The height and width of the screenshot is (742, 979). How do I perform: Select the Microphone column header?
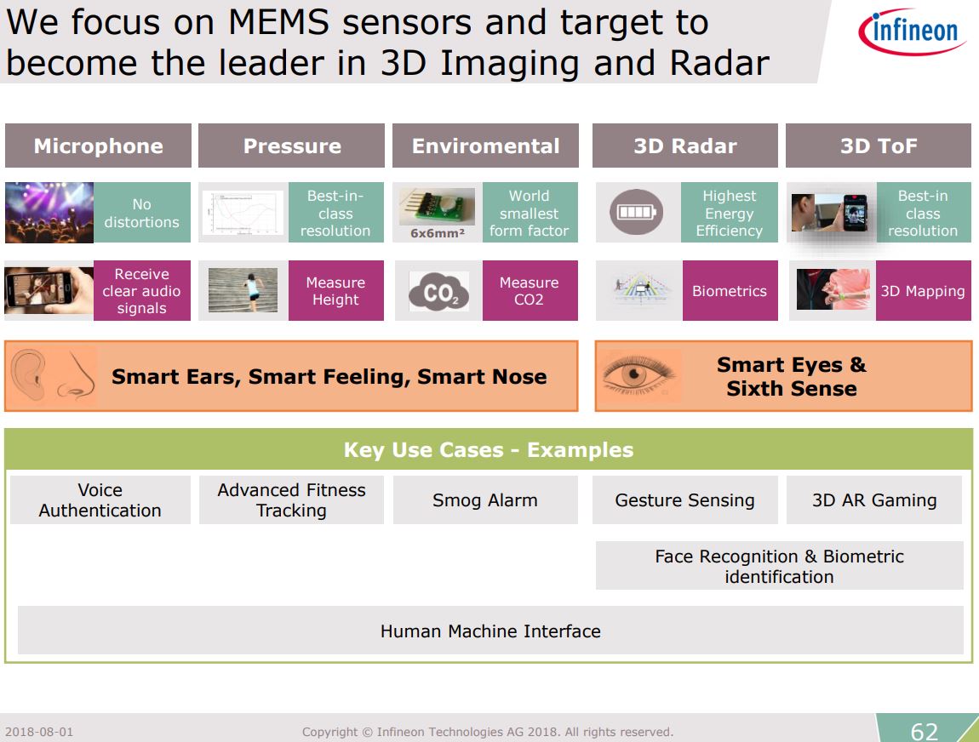[x=98, y=146]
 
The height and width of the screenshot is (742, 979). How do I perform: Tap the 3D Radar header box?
[x=684, y=146]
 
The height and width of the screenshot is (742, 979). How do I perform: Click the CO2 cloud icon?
[x=438, y=292]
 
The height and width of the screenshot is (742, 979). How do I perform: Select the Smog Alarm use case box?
[x=484, y=500]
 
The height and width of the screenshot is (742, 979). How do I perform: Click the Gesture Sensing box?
[x=684, y=500]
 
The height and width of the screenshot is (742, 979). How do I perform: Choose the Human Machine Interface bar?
[x=490, y=631]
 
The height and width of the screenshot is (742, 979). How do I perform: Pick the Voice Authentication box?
[x=100, y=500]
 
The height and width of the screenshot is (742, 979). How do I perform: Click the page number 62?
[x=924, y=731]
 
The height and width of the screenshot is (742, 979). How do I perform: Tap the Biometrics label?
[x=730, y=291]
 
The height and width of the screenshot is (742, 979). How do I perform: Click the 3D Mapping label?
[x=923, y=291]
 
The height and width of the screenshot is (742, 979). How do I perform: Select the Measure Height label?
[x=335, y=291]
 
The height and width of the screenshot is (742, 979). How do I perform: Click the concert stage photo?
[x=49, y=213]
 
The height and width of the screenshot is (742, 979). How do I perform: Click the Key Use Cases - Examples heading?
[x=489, y=450]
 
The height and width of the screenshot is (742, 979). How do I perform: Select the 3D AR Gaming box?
[x=874, y=500]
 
